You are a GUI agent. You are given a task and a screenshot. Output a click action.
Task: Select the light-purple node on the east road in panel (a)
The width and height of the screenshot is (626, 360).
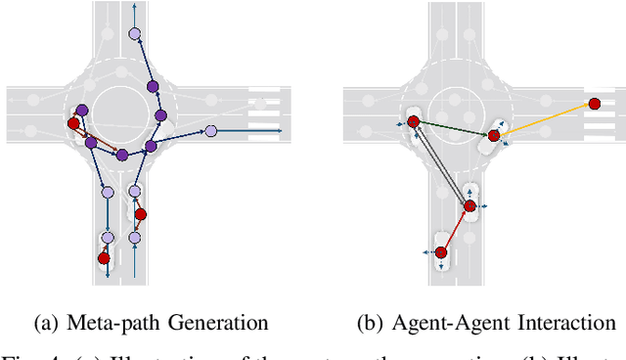pos(209,130)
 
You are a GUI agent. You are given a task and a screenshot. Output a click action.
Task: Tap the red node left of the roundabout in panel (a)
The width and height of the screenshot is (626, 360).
pos(72,123)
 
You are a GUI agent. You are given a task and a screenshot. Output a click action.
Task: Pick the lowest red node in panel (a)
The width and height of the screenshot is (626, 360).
pos(103,258)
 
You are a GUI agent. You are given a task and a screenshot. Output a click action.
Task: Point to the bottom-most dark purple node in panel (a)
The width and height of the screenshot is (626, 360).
pos(121,155)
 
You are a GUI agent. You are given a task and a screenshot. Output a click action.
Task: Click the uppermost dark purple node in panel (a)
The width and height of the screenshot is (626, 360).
pos(153,86)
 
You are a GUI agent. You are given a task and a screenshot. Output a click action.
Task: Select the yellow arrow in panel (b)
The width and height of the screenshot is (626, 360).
pos(543,118)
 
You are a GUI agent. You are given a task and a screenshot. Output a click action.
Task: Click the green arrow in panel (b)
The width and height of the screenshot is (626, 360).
pos(452,128)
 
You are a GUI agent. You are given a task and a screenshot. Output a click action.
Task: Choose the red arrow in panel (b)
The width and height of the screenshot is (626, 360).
pos(456,229)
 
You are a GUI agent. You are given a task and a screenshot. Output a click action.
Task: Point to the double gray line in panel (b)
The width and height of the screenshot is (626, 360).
pos(441,163)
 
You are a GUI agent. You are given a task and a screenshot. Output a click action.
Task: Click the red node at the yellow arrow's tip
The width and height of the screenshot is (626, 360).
pos(593,102)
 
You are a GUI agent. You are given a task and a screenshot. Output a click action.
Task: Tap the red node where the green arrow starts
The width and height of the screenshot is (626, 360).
pos(413,122)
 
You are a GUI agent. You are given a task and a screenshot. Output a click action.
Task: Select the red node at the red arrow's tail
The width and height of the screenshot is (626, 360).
pos(441,252)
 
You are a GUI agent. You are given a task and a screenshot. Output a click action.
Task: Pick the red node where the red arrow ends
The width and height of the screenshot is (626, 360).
pos(470,205)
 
